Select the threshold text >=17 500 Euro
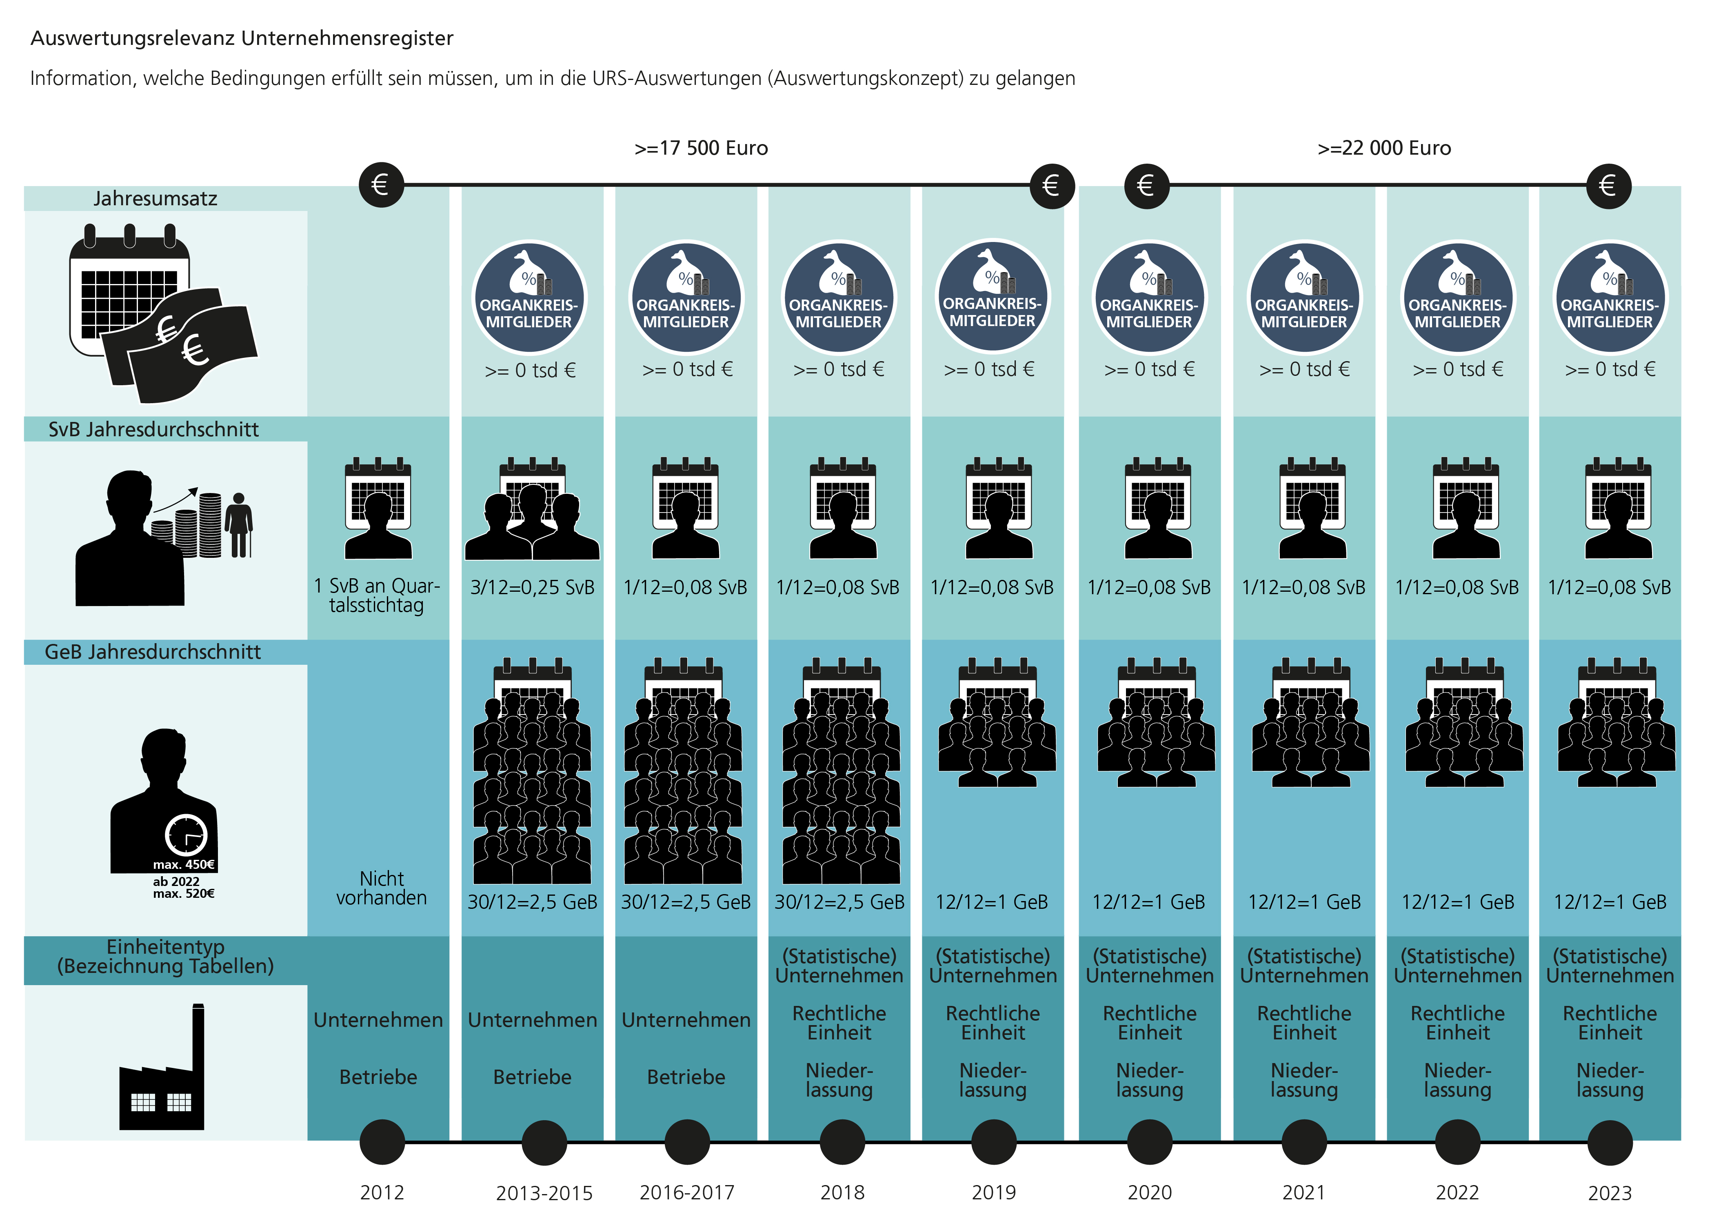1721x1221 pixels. point(701,148)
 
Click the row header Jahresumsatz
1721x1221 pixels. point(155,198)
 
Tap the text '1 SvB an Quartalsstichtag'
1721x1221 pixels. point(377,595)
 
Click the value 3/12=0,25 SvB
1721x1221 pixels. point(532,587)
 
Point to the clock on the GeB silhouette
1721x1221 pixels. point(186,835)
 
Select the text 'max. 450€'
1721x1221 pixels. point(184,865)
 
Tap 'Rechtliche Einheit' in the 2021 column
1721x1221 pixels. point(1304,1023)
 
